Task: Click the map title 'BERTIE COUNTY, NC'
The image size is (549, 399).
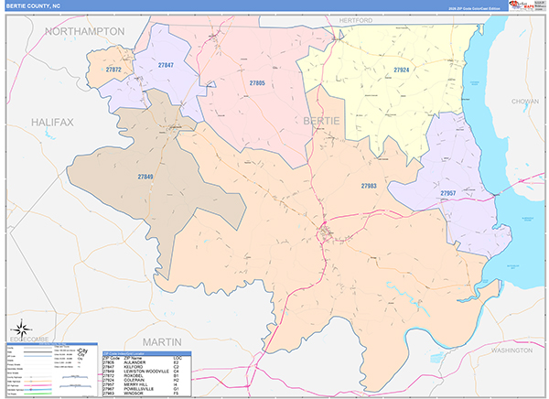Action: pos(37,5)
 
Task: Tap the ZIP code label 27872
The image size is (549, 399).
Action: pos(114,70)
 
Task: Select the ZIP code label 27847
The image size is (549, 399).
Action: pos(166,65)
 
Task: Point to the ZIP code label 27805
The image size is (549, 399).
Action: pos(257,83)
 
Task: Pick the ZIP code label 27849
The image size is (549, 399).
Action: pos(145,176)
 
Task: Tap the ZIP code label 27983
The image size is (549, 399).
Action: pos(369,186)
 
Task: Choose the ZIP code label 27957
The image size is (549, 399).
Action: pos(447,193)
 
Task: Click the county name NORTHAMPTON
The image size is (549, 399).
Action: pos(84,31)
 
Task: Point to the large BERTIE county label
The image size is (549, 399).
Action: pos(320,121)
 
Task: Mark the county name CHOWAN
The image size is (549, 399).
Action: pos(525,102)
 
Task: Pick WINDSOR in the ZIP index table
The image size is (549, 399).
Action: pos(134,394)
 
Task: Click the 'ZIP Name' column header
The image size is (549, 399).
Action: pos(134,358)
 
